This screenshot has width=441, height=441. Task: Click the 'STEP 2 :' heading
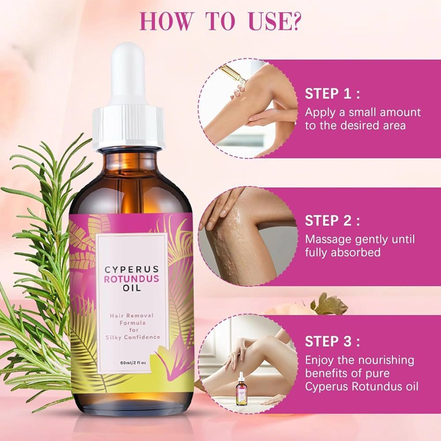click(332, 220)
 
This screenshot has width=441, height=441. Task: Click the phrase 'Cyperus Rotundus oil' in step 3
click(362, 387)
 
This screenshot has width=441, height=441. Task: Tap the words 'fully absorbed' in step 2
click(343, 253)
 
